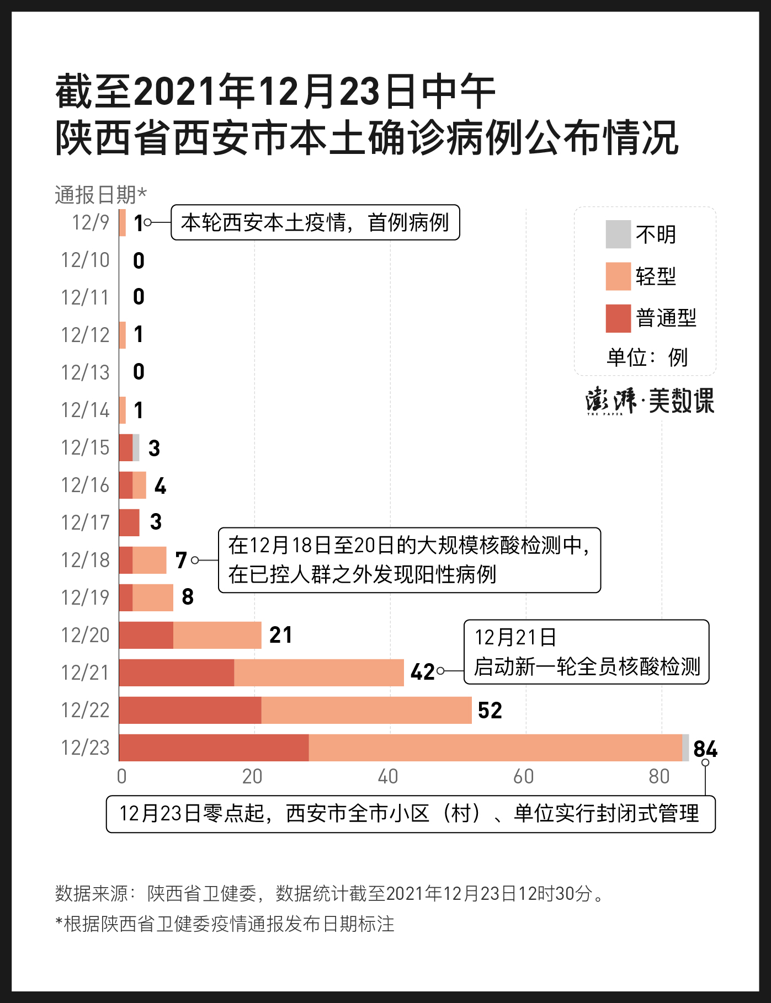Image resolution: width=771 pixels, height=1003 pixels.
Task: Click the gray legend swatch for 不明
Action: click(x=618, y=234)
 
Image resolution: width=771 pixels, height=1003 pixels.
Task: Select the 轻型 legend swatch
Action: click(x=618, y=276)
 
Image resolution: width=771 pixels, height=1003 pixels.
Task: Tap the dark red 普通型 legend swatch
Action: click(x=618, y=318)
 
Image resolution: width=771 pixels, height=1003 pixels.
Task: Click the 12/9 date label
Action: click(x=91, y=223)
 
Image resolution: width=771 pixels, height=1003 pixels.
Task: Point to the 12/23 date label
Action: click(x=86, y=748)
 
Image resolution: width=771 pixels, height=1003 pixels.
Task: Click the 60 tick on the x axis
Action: click(x=523, y=777)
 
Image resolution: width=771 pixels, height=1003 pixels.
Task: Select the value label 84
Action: click(x=705, y=749)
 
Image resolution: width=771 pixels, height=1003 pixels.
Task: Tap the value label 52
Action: click(x=490, y=711)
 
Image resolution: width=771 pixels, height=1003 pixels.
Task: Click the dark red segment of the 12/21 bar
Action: click(x=176, y=673)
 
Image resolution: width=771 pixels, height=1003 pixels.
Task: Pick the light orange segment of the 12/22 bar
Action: click(x=366, y=710)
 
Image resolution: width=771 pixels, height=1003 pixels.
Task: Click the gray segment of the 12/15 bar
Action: click(x=136, y=447)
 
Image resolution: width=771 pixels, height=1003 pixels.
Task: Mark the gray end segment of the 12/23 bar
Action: click(x=685, y=748)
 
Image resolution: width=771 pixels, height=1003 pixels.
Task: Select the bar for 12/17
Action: click(x=129, y=522)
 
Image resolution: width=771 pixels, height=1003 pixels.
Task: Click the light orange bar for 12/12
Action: click(x=123, y=335)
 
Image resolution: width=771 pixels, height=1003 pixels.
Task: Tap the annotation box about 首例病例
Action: click(x=315, y=223)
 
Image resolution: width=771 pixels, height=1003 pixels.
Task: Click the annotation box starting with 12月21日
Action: click(x=586, y=652)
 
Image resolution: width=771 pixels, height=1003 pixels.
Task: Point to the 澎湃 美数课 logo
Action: click(x=650, y=401)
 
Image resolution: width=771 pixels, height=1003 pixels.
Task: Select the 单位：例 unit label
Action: click(x=647, y=358)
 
